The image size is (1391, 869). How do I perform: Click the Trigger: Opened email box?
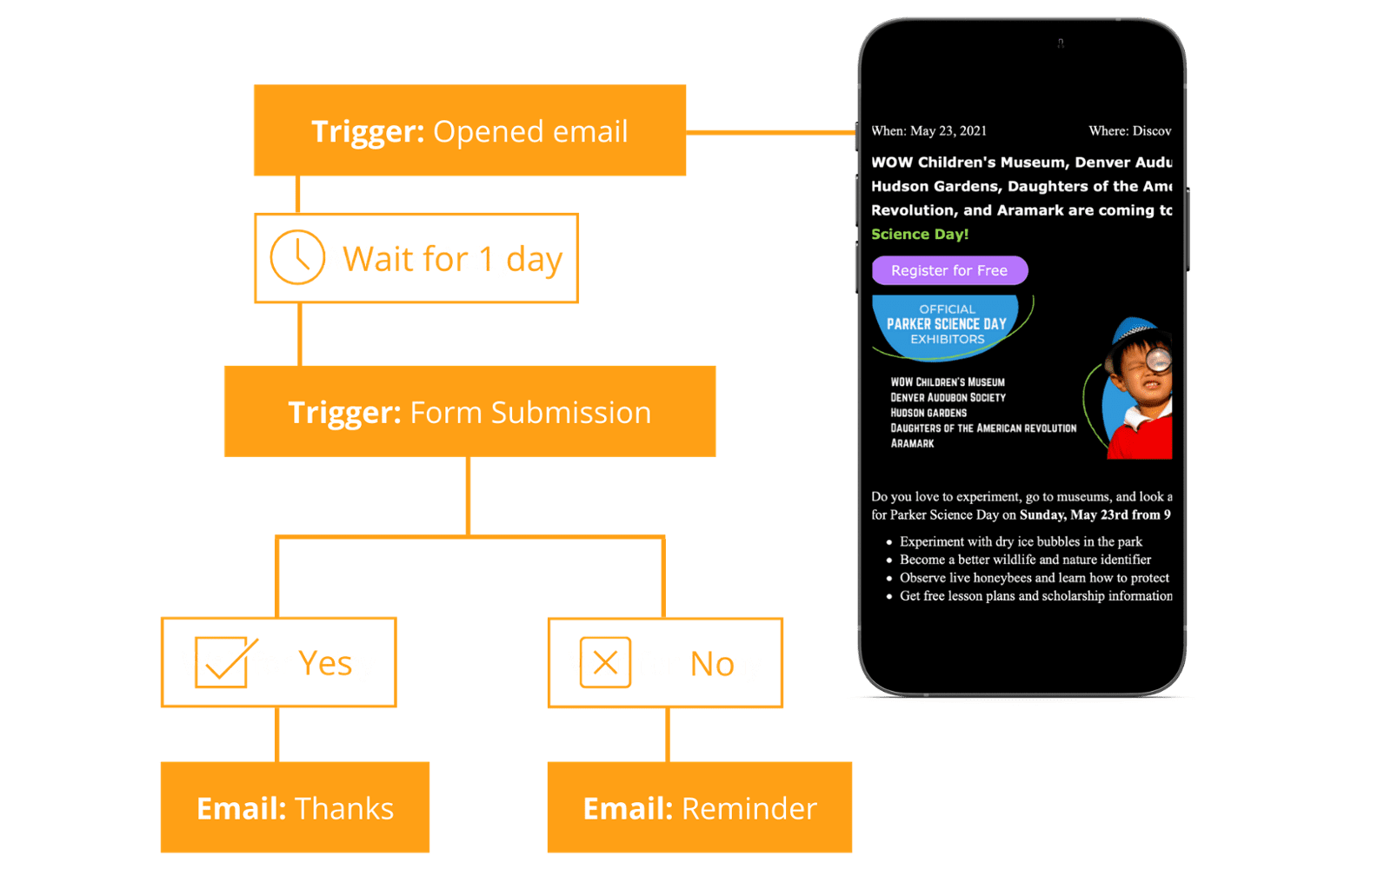(x=469, y=131)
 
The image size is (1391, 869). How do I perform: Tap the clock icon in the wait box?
(x=296, y=257)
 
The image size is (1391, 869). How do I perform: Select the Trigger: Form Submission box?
(x=469, y=412)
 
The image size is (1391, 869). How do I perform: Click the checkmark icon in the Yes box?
(x=223, y=661)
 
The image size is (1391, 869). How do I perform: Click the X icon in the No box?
(x=605, y=663)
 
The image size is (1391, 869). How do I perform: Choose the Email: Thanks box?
(x=295, y=808)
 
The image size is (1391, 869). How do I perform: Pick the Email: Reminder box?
(x=699, y=808)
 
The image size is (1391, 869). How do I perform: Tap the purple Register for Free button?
(x=949, y=270)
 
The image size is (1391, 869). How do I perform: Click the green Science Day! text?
(x=920, y=234)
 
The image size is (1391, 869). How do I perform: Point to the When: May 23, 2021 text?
(x=928, y=131)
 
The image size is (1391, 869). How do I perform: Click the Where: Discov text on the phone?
(x=1129, y=131)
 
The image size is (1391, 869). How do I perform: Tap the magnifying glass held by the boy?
(x=1158, y=359)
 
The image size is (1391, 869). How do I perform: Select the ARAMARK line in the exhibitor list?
(x=912, y=443)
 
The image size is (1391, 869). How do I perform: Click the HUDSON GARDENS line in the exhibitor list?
(x=928, y=413)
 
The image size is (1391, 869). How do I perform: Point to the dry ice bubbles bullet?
(x=1020, y=541)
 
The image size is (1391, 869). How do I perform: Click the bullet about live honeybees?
(x=1034, y=578)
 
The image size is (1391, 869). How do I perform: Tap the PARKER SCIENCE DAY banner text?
(x=946, y=324)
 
